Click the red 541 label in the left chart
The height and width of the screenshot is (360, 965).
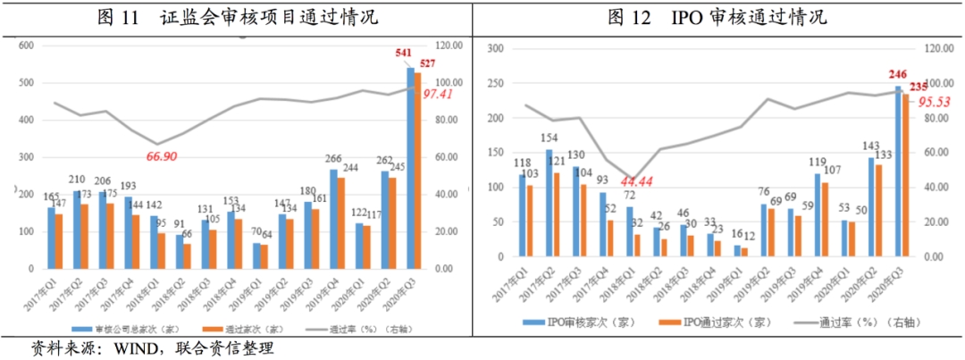point(404,54)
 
